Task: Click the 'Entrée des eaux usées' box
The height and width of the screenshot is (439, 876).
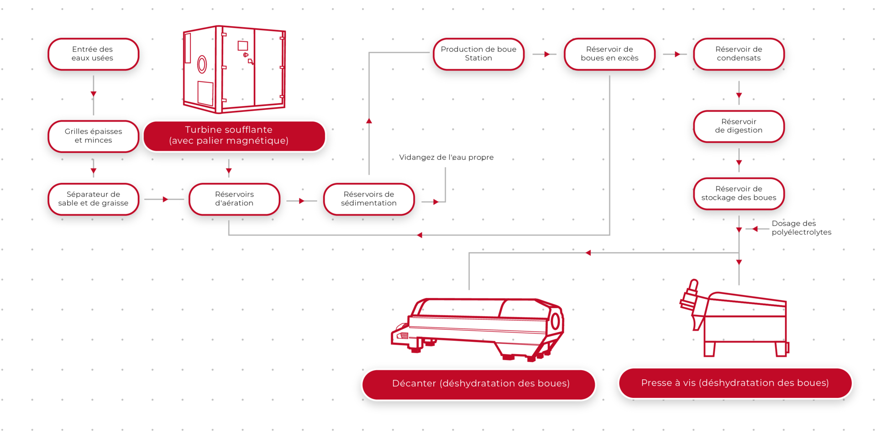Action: point(93,54)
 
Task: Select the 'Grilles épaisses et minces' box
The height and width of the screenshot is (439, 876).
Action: point(93,136)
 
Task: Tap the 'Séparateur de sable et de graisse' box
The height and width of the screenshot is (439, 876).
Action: point(93,199)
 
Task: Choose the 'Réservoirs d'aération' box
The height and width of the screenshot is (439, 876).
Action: point(234,199)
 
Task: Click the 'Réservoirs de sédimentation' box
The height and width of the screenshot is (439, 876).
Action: point(369,199)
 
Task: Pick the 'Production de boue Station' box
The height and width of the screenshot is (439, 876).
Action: point(478,54)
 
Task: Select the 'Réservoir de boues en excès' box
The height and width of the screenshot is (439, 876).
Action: point(609,54)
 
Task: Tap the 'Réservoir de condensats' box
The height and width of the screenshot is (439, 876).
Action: point(739,54)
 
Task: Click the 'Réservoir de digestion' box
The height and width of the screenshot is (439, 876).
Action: point(739,126)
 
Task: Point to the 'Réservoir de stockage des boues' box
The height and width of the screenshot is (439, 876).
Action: point(739,193)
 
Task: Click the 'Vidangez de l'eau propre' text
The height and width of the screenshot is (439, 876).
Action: point(446,157)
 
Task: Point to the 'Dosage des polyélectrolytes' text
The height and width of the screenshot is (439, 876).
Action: point(802,228)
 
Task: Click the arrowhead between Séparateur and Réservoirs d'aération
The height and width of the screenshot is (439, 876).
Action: point(165,199)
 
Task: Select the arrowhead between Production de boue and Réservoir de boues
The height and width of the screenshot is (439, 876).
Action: point(547,54)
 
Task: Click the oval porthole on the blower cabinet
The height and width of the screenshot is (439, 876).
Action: point(202,65)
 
